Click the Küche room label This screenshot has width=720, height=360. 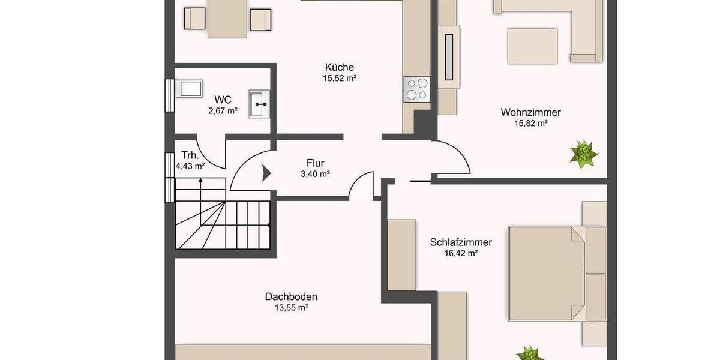[339, 67]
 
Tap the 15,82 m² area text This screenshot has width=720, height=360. [531, 123]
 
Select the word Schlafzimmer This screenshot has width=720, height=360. [461, 242]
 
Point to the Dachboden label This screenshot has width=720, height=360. [291, 296]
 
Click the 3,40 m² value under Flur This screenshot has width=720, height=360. [315, 174]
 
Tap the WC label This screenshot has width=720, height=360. [223, 100]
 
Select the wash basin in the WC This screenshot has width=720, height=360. [259, 104]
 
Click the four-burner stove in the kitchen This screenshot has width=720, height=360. [416, 89]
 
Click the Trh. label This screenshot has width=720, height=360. [190, 154]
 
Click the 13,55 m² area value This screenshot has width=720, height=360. [291, 308]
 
